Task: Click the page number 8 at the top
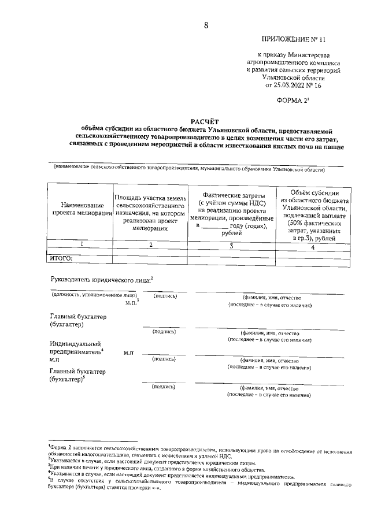tap(206, 25)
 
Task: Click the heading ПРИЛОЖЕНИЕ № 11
tap(294, 40)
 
